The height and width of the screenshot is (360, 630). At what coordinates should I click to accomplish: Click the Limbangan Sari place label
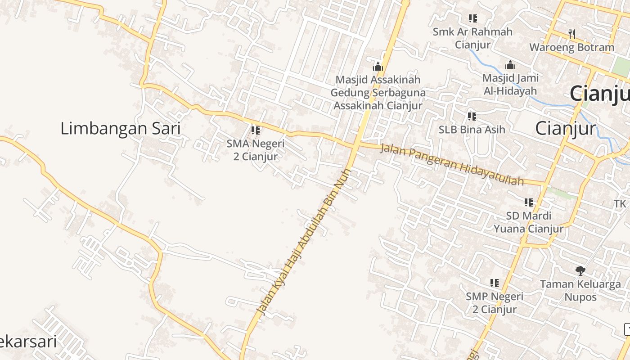[x=120, y=129]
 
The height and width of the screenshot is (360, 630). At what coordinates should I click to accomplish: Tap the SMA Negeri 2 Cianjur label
[x=255, y=150]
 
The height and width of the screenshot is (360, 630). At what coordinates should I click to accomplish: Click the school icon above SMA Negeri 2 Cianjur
[x=256, y=130]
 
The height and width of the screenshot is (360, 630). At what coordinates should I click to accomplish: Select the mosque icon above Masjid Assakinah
[x=378, y=67]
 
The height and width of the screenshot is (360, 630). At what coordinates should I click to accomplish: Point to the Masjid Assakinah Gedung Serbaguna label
[x=378, y=93]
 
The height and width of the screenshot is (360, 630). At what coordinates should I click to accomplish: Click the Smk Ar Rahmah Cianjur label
[x=472, y=38]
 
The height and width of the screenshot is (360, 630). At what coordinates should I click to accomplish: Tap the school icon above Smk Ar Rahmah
[x=472, y=18]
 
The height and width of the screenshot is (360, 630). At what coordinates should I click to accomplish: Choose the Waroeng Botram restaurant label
[x=571, y=47]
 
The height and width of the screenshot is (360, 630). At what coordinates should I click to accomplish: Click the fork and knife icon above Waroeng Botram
[x=571, y=33]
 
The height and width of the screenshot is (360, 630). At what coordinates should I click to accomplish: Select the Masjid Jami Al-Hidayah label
[x=510, y=84]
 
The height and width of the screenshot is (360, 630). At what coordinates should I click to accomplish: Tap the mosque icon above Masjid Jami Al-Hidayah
[x=510, y=65]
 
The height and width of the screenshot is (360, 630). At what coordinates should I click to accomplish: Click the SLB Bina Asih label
[x=472, y=130]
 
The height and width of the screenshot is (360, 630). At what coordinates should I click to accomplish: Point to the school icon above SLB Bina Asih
[x=472, y=116]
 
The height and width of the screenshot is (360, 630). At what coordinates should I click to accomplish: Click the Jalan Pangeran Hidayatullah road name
[x=452, y=164]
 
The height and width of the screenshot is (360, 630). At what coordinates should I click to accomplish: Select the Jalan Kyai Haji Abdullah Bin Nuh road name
[x=304, y=241]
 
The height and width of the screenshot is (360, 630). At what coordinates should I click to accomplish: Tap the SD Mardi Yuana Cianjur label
[x=528, y=222]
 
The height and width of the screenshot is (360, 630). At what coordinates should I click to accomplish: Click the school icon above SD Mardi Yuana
[x=528, y=202]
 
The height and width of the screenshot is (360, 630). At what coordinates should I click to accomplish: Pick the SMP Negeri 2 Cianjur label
[x=495, y=303]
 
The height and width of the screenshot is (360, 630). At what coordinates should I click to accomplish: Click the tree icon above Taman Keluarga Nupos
[x=580, y=270]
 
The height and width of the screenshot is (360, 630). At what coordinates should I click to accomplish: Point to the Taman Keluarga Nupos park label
[x=580, y=291]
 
